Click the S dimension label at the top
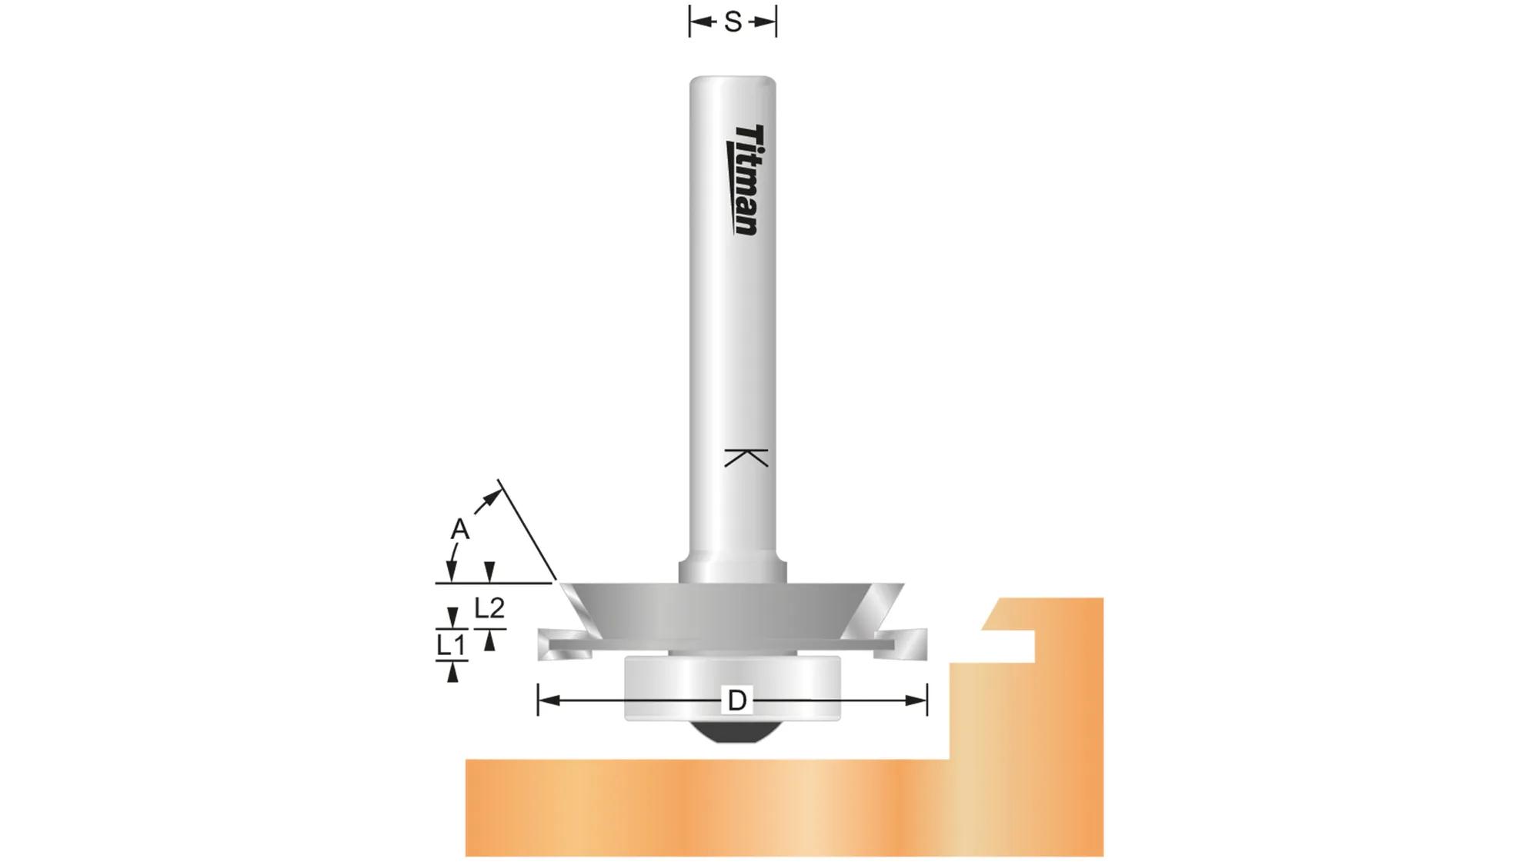point(733,23)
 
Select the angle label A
point(459,529)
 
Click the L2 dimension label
point(489,608)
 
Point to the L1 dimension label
point(451,645)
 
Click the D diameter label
point(736,700)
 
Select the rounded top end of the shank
point(732,82)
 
